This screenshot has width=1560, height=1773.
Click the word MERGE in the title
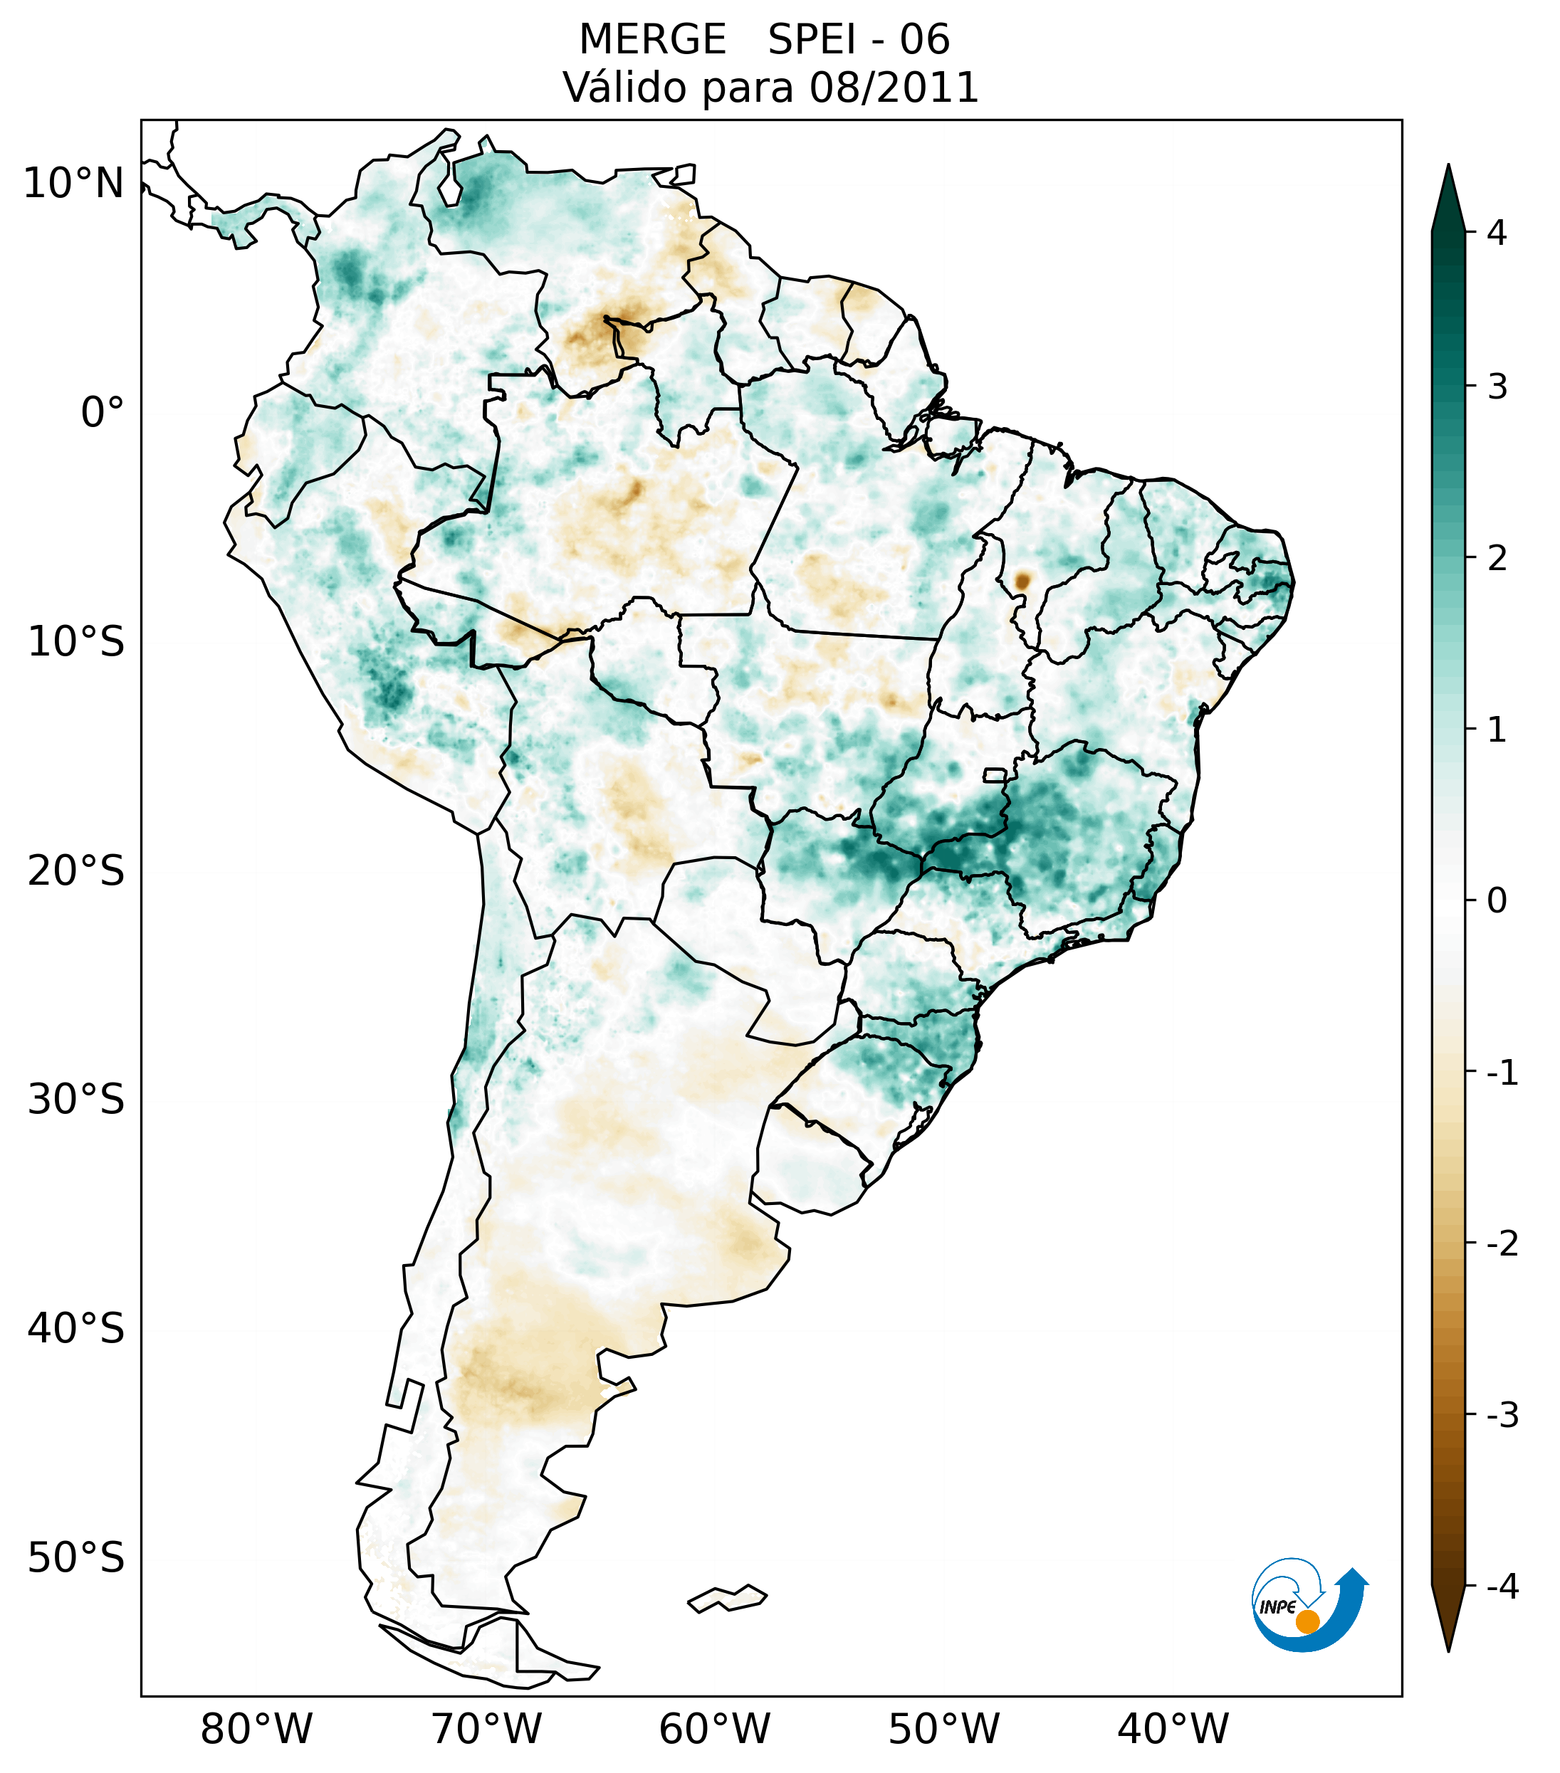[x=651, y=40]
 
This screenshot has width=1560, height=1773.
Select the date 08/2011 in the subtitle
[x=894, y=88]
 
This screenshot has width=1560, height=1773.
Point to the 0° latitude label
[x=103, y=413]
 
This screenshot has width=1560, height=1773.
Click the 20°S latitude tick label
[x=76, y=871]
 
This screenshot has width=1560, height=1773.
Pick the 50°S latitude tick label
[x=76, y=1559]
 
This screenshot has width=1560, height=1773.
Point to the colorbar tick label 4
[x=1497, y=233]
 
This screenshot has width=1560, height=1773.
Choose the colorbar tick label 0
[x=1497, y=901]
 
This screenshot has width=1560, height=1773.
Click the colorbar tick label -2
[x=1502, y=1244]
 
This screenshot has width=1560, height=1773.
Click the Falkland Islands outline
[x=727, y=1598]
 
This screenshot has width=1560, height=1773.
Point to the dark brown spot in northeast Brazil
[x=1022, y=580]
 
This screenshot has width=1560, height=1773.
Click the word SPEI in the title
[x=810, y=40]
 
